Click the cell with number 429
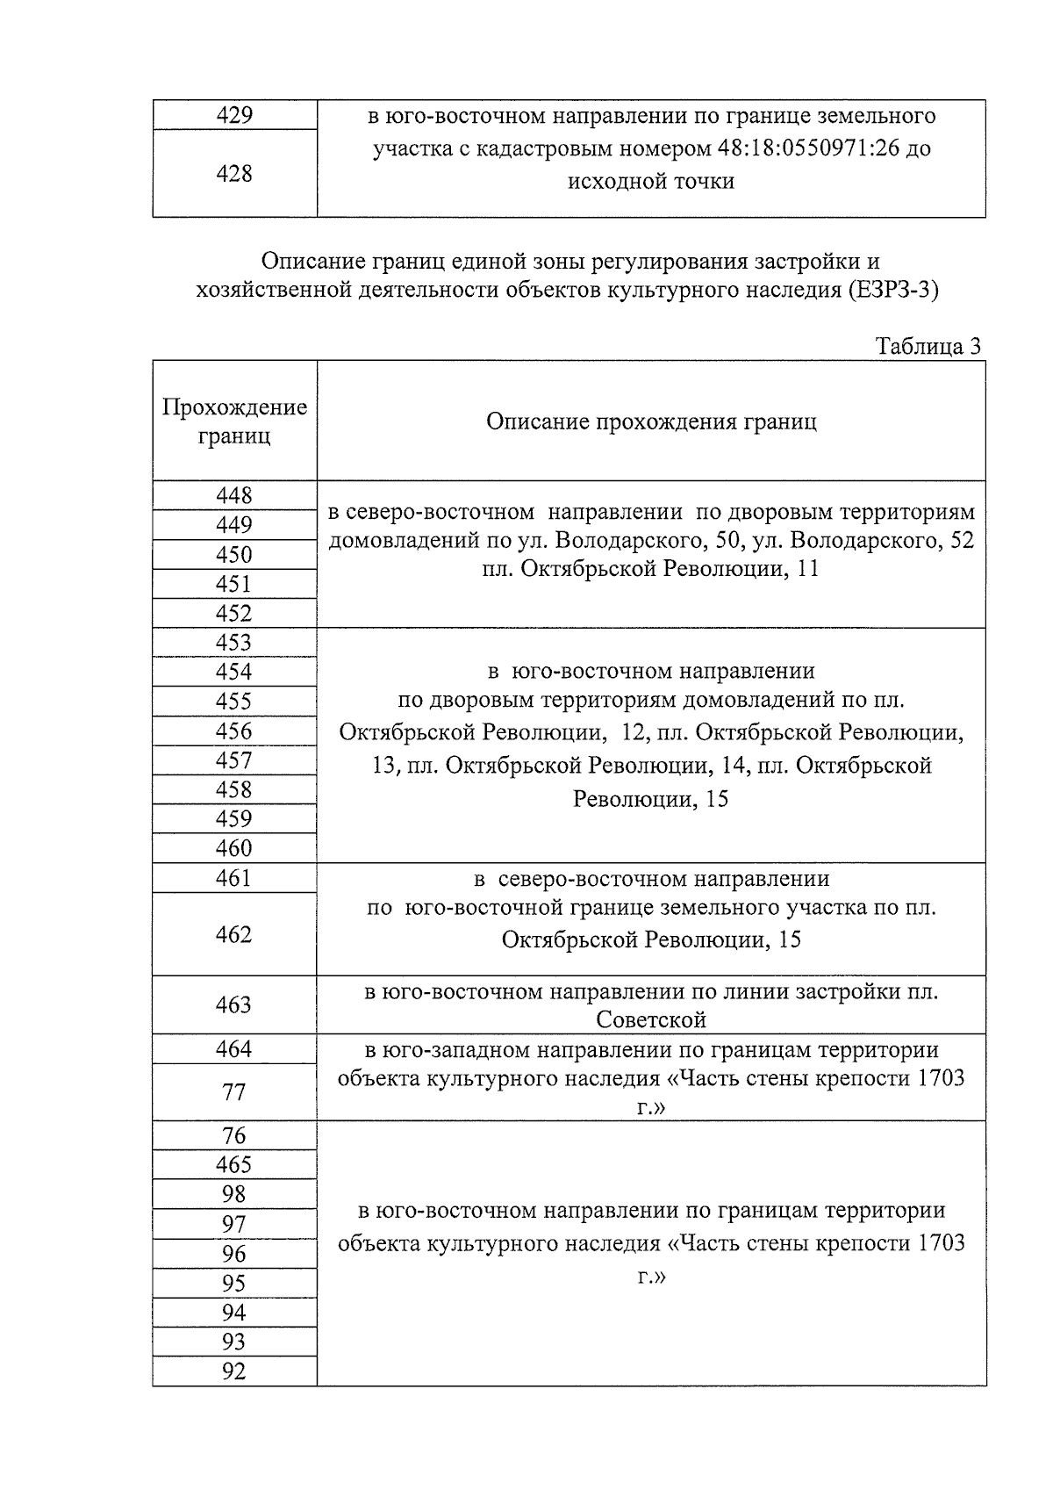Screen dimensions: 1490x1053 click(x=234, y=116)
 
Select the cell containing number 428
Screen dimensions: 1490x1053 click(x=234, y=174)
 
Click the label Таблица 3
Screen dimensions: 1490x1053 click(x=928, y=347)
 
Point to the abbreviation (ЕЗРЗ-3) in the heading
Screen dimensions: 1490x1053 click(x=892, y=291)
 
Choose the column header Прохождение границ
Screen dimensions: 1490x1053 click(x=234, y=421)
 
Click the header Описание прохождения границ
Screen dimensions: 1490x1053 click(x=651, y=421)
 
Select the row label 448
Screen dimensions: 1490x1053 click(x=234, y=496)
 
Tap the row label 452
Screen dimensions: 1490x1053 click(x=234, y=613)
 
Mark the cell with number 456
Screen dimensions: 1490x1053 click(x=234, y=731)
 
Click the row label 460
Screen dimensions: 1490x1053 click(x=234, y=848)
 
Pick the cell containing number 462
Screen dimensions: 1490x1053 click(x=234, y=934)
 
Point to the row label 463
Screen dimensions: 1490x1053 click(x=234, y=1004)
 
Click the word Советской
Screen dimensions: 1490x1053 click(x=651, y=1019)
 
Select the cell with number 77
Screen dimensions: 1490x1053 click(x=234, y=1092)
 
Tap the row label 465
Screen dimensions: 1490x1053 click(x=234, y=1165)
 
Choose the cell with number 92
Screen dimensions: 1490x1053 click(x=234, y=1371)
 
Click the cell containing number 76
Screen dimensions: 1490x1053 click(x=234, y=1135)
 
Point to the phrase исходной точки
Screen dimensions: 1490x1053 click(x=651, y=182)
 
